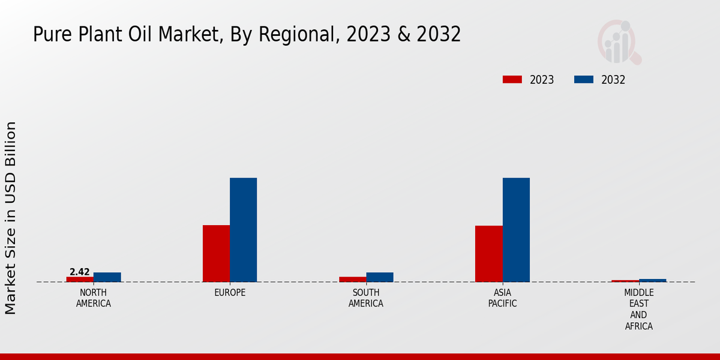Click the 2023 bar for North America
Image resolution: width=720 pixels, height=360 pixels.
pyautogui.click(x=80, y=279)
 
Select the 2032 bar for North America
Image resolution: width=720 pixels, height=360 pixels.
pyautogui.click(x=107, y=277)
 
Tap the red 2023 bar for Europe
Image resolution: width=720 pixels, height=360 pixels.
pyautogui.click(x=216, y=253)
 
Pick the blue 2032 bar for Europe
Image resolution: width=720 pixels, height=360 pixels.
pyautogui.click(x=244, y=230)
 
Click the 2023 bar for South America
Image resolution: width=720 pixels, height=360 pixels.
pyautogui.click(x=353, y=279)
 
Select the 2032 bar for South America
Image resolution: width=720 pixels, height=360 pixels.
pyautogui.click(x=380, y=277)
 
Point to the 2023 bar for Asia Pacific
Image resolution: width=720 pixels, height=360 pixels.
pyautogui.click(x=489, y=254)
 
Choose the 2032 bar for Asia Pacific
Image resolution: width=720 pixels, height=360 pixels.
pyautogui.click(x=516, y=230)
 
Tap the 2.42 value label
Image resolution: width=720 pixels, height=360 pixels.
pyautogui.click(x=80, y=272)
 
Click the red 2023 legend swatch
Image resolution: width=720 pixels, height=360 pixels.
pyautogui.click(x=512, y=80)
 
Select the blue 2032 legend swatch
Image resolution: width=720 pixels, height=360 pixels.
pyautogui.click(x=584, y=80)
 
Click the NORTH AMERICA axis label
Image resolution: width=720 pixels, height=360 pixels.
pyautogui.click(x=94, y=298)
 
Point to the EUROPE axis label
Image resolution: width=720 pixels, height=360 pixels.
pyautogui.click(x=230, y=293)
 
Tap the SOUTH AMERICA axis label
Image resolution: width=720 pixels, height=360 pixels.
pyautogui.click(x=366, y=298)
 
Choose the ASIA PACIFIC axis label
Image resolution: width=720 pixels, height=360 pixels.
pyautogui.click(x=503, y=298)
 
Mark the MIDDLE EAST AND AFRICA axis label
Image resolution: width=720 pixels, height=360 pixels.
pyautogui.click(x=639, y=310)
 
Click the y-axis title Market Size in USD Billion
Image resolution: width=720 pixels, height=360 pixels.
pyautogui.click(x=11, y=218)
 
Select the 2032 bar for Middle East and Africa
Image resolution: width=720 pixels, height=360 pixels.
pyautogui.click(x=653, y=280)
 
